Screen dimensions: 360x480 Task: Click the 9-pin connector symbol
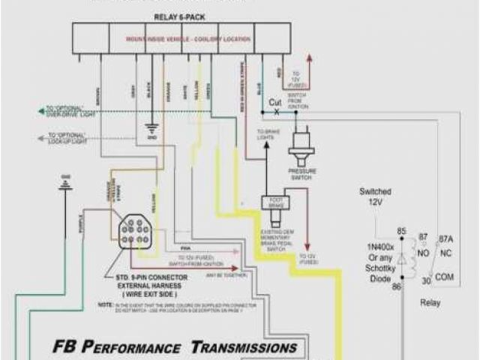pos(137,229)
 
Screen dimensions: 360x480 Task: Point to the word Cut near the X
pos(275,102)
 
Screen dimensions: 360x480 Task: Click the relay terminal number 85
pos(402,231)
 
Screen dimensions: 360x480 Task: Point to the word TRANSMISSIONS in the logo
pos(244,347)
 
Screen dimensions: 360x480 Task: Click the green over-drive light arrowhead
pos(42,112)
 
